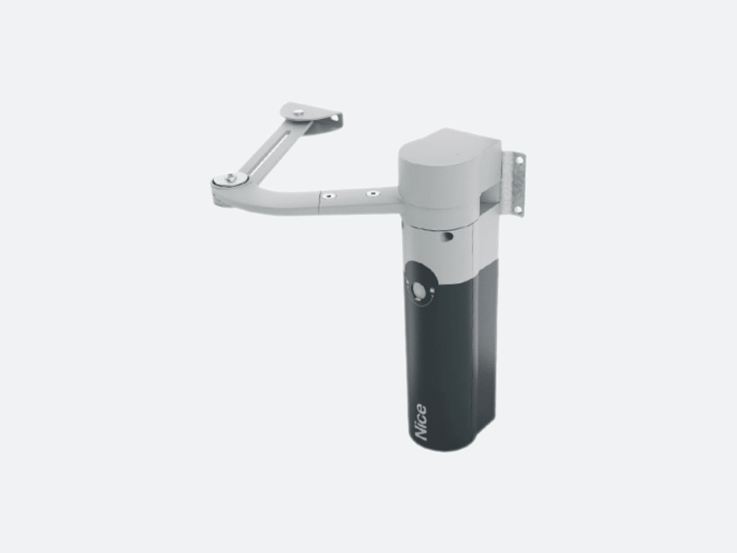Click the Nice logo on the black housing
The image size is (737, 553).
pos(421,422)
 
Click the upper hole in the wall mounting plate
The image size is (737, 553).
pos(520,160)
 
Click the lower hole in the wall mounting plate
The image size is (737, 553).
pos(519,209)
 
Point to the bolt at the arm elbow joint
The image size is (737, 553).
pos(230,178)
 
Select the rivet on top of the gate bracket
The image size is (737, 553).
pos(297,112)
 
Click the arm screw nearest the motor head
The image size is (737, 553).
pos(372,194)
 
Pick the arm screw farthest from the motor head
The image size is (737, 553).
pos(326,196)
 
